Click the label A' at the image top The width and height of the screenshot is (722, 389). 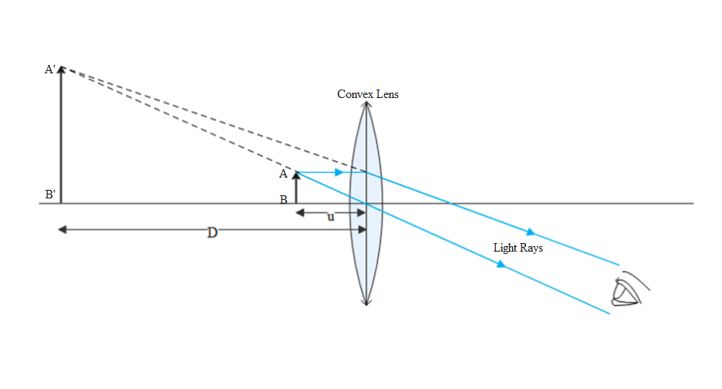pyautogui.click(x=50, y=69)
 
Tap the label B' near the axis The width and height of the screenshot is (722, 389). pyautogui.click(x=50, y=194)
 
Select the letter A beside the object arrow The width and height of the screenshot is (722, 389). pyautogui.click(x=283, y=174)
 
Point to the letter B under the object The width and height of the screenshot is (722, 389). pyautogui.click(x=284, y=199)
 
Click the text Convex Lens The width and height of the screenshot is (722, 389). pyautogui.click(x=368, y=94)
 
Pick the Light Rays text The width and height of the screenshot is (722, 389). pyautogui.click(x=518, y=248)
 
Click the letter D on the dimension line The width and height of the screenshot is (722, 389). pyautogui.click(x=212, y=232)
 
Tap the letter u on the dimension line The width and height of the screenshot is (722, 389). pyautogui.click(x=331, y=217)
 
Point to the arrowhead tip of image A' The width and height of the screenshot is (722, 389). pyautogui.click(x=61, y=66)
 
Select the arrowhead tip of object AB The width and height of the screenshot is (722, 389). pyautogui.click(x=296, y=172)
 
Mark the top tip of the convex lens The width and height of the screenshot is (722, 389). pyautogui.click(x=365, y=103)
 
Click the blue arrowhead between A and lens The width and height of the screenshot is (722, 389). pyautogui.click(x=339, y=172)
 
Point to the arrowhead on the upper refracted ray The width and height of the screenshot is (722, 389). pyautogui.click(x=529, y=232)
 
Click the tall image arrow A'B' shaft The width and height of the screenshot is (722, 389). pyautogui.click(x=61, y=139)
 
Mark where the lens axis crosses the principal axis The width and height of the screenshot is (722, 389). pyautogui.click(x=365, y=204)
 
